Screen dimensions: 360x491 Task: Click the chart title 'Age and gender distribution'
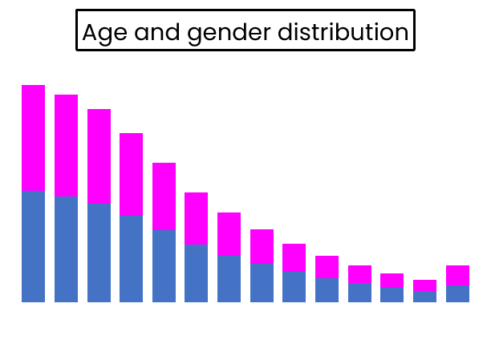pos(245,32)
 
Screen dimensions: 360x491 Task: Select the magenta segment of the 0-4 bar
pos(33,137)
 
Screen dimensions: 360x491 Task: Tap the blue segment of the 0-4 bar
pos(33,246)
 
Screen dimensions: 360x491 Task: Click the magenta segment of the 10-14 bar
pos(99,156)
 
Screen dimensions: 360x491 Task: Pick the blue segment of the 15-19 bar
pos(132,259)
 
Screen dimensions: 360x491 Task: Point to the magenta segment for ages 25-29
pos(197,218)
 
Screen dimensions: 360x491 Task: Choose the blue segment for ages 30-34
pos(229,279)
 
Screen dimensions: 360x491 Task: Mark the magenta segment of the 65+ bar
pos(457,275)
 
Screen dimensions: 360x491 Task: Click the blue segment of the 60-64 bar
pos(425,297)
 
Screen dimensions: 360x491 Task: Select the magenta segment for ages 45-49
pos(327,267)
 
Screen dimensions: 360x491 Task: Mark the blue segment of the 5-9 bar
pos(66,249)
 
